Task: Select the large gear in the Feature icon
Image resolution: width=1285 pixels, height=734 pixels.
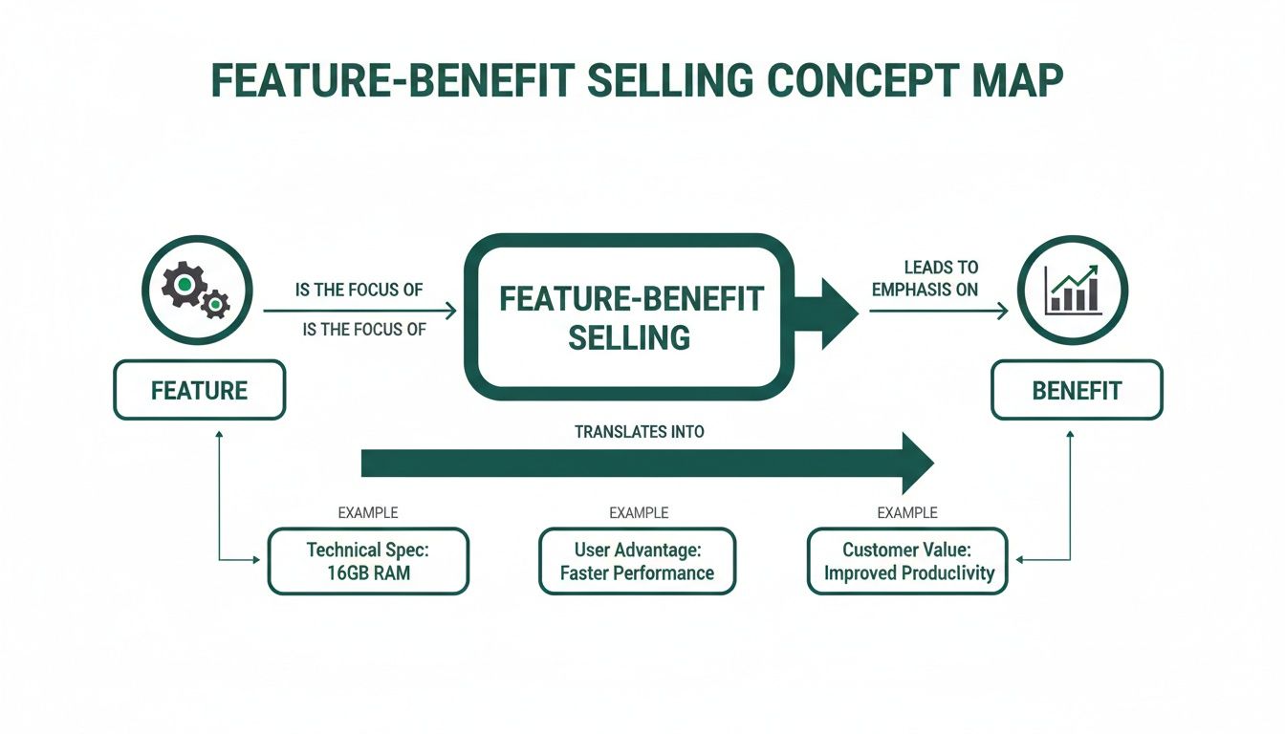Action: click(183, 285)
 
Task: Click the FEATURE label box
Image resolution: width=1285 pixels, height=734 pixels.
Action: click(199, 390)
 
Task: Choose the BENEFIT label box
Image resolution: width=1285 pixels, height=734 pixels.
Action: click(1077, 390)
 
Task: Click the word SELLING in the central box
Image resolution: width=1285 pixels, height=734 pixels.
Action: click(629, 337)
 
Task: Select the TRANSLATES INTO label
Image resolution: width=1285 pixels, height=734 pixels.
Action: click(639, 432)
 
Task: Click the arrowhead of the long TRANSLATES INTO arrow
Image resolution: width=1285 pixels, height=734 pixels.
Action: click(915, 464)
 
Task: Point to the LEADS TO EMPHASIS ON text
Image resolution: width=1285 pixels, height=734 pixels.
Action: click(925, 278)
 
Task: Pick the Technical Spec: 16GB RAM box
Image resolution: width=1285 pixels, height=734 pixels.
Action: click(368, 562)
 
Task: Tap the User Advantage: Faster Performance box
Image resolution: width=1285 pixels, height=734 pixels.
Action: click(638, 562)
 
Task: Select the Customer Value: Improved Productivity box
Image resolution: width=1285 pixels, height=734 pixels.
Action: click(908, 562)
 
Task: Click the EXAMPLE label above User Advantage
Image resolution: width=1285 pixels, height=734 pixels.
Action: click(639, 513)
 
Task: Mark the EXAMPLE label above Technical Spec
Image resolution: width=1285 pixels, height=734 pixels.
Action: click(368, 513)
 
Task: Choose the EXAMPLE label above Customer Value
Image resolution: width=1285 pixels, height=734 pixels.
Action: click(907, 513)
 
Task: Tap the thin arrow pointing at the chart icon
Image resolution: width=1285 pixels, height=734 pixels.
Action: click(941, 311)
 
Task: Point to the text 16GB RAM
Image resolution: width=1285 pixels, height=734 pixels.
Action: click(368, 573)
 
